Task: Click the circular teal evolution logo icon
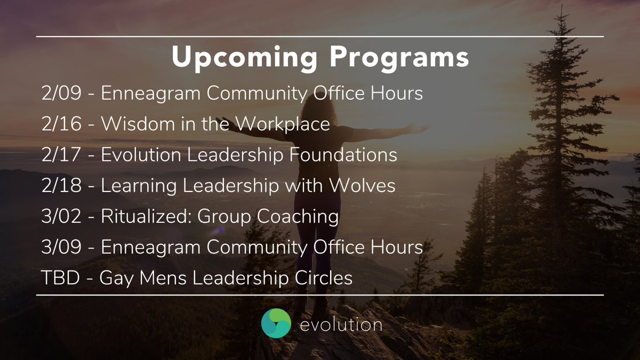(276, 324)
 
